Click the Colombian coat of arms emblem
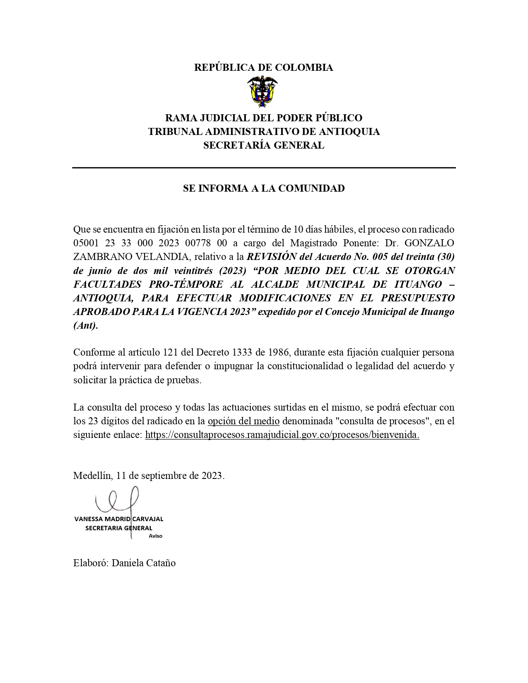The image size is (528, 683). coord(263,92)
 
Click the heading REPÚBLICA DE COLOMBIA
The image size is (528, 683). coord(263,67)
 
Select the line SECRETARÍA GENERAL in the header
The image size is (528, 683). coord(263,145)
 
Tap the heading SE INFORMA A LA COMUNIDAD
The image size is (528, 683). coord(264,188)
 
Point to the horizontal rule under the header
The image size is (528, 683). coord(264,168)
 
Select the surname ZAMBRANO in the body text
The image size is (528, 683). coord(95,257)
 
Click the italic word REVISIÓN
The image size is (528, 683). coord(271,257)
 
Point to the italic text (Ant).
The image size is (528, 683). coord(86,325)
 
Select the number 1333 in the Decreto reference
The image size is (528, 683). coord(243,353)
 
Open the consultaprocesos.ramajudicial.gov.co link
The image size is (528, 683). coord(282,435)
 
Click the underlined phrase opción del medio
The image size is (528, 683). coord(244,421)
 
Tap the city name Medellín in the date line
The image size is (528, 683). coord(92,476)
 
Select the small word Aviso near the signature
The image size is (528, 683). coord(156,536)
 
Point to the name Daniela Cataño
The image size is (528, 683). coord(144,563)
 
